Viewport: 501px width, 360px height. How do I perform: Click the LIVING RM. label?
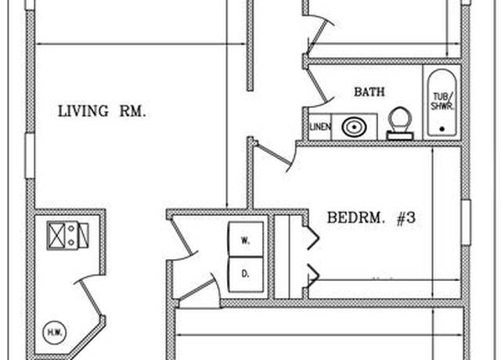(x=102, y=111)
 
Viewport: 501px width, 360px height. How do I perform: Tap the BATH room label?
(x=369, y=92)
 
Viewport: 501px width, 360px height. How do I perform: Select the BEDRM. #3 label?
(x=371, y=218)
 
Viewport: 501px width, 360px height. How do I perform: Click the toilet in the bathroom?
(x=400, y=124)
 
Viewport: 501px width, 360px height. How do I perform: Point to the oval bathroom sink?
(x=354, y=127)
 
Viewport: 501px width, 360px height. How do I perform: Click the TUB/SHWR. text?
(x=442, y=101)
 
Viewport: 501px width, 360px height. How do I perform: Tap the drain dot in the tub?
(x=442, y=129)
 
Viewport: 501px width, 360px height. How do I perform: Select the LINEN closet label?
(x=320, y=127)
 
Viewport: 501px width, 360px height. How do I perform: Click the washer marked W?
(x=245, y=239)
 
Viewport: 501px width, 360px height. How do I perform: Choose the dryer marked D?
(x=245, y=274)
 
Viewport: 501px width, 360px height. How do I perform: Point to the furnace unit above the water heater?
(x=68, y=236)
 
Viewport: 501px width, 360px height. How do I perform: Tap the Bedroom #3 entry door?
(x=276, y=156)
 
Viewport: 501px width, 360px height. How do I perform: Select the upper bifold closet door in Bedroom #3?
(x=312, y=238)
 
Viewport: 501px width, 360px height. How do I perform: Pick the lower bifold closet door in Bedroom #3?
(x=312, y=275)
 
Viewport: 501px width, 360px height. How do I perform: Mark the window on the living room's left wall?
(x=30, y=156)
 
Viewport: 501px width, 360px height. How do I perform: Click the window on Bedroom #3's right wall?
(x=467, y=222)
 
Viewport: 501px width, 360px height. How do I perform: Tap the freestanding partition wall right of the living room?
(x=250, y=45)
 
